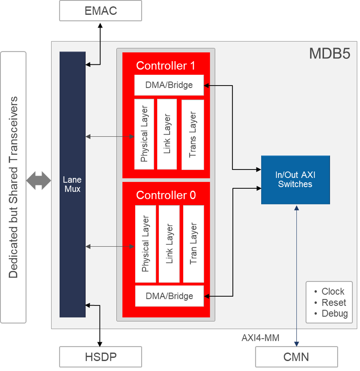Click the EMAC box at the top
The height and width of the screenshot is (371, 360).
click(x=100, y=11)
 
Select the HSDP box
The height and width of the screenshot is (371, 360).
click(x=100, y=357)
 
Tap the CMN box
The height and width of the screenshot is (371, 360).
click(x=296, y=357)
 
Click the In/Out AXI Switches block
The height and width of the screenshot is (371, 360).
click(x=295, y=180)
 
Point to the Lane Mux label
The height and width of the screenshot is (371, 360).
click(x=72, y=185)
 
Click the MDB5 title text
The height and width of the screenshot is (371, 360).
click(x=329, y=54)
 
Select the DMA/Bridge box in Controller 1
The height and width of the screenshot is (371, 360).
click(x=169, y=85)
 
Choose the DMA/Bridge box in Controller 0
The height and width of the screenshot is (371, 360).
click(x=169, y=296)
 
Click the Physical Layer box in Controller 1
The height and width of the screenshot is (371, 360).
click(x=144, y=134)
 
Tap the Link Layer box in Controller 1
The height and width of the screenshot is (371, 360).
click(x=167, y=134)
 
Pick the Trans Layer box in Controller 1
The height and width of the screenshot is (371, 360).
click(x=192, y=134)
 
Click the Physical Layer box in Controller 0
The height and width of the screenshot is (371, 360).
click(x=145, y=244)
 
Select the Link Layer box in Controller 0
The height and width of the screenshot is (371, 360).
click(x=169, y=244)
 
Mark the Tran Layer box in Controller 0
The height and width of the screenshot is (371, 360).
click(x=193, y=244)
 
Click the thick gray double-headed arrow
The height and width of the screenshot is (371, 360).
click(x=39, y=181)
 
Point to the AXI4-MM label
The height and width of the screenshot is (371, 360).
click(x=260, y=338)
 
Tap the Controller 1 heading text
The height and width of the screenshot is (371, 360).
click(x=166, y=66)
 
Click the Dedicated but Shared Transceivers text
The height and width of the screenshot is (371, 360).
click(x=13, y=187)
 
